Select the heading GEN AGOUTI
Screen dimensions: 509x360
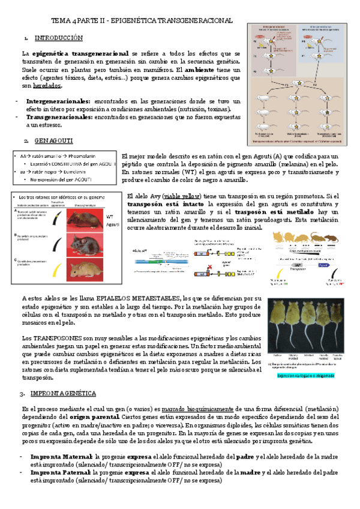pos(53,140)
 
